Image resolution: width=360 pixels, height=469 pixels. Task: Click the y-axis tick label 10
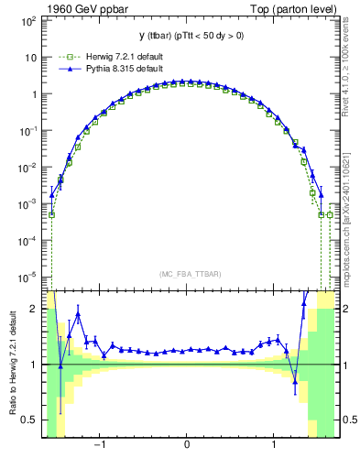(x=29, y=57)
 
